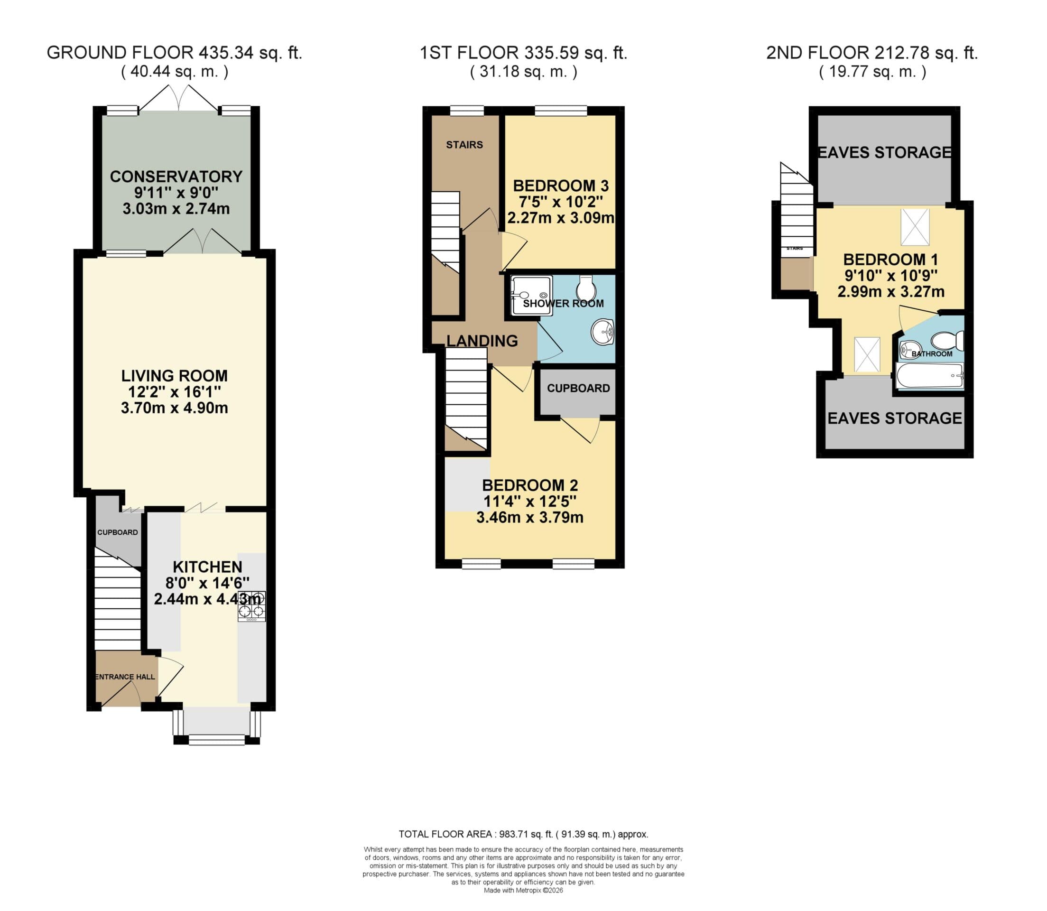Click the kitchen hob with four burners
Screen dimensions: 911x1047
pos(252,606)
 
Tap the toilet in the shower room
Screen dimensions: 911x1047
pos(586,288)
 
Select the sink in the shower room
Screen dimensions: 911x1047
pos(603,332)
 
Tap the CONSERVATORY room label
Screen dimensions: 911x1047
pos(176,177)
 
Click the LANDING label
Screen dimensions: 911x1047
pos(482,341)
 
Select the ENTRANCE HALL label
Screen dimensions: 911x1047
pos(125,677)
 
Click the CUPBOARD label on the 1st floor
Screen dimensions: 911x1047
pos(578,389)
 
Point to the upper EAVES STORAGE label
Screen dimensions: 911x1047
pos(884,152)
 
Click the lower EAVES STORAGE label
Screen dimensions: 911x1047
pos(894,418)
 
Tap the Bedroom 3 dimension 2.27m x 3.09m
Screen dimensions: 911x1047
pos(561,218)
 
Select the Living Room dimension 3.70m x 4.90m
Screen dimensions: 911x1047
pos(174,408)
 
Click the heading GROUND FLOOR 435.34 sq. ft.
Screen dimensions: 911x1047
pos(174,53)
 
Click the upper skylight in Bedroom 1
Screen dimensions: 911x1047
pos(914,227)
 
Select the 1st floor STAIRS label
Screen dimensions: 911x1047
pos(464,145)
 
